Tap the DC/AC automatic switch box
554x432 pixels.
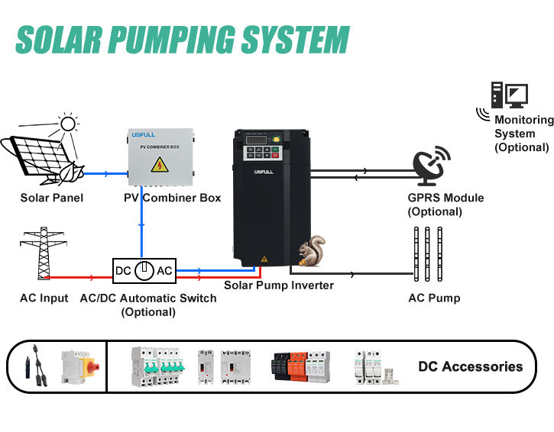coord(144,270)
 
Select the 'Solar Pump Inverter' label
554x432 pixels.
coord(279,285)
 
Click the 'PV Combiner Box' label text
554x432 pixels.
coord(172,198)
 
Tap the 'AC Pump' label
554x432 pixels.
coord(434,298)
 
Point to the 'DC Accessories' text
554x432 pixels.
coord(470,366)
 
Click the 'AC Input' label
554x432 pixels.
coord(44,298)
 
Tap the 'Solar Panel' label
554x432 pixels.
coord(52,198)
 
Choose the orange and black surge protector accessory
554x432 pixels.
coord(300,366)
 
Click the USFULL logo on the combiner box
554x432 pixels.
coord(142,134)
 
